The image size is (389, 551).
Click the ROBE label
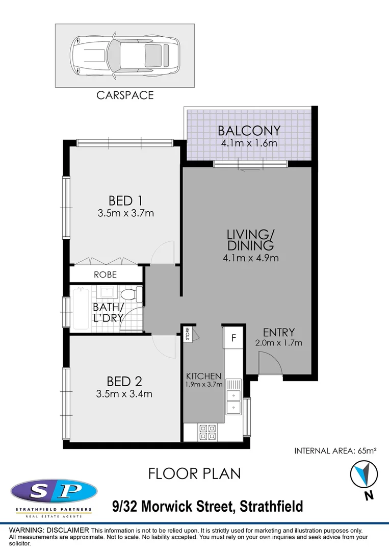point(105,274)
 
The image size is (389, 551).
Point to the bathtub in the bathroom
point(81,309)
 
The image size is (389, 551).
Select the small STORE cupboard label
point(188,335)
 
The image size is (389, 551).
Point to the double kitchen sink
point(234,401)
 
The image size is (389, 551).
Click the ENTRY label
point(278,332)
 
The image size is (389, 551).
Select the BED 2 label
point(124,381)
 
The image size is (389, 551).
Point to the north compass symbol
point(364,474)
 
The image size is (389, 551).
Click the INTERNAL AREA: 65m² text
point(335,450)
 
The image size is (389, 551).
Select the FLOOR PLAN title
point(194,473)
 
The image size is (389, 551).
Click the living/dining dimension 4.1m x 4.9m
point(250,258)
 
